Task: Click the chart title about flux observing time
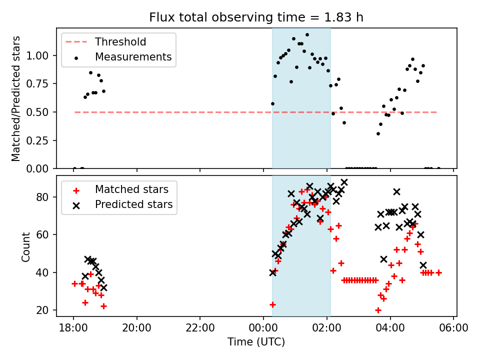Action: pos(256,17)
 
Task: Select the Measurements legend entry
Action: pos(133,57)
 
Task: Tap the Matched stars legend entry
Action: pos(131,189)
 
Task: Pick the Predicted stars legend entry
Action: pos(133,204)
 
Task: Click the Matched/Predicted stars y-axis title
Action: pos(16,98)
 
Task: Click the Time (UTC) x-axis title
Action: pos(256,342)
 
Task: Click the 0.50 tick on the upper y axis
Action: pos(41,112)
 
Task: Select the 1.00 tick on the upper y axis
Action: pos(41,55)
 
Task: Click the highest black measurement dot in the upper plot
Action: pos(307,35)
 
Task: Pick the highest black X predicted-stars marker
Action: pos(344,182)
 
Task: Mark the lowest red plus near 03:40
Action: pos(378,310)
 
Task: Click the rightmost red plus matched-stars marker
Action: pos(438,272)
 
